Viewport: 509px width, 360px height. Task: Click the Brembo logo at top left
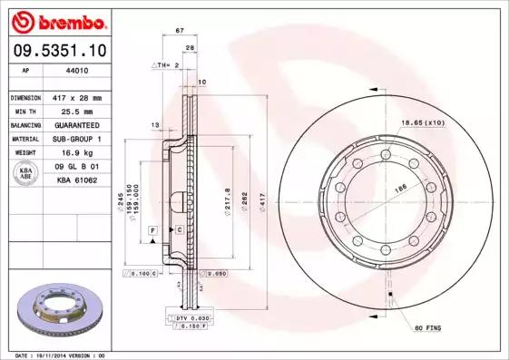57,20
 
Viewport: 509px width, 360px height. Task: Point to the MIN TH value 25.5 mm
75,111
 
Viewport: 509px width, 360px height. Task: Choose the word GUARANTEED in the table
75,124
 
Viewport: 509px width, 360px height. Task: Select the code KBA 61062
75,180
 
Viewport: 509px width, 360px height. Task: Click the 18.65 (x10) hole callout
423,122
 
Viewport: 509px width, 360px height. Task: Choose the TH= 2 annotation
164,66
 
